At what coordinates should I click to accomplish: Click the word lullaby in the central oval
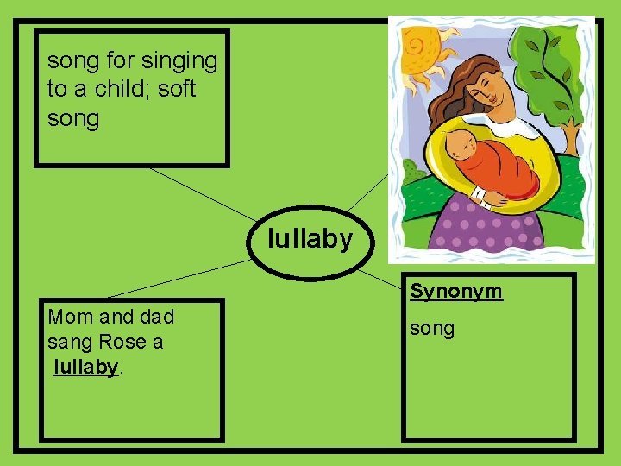pyautogui.click(x=310, y=238)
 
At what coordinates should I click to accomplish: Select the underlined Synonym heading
pyautogui.click(x=455, y=291)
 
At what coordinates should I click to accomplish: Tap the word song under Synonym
pyautogui.click(x=432, y=329)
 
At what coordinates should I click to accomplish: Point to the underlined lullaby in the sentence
pyautogui.click(x=85, y=367)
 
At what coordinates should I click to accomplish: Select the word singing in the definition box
pyautogui.click(x=180, y=61)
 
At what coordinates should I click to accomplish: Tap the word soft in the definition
pyautogui.click(x=177, y=89)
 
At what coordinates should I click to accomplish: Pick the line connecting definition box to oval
pyautogui.click(x=204, y=194)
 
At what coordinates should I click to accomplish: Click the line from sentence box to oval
pyautogui.click(x=181, y=277)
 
